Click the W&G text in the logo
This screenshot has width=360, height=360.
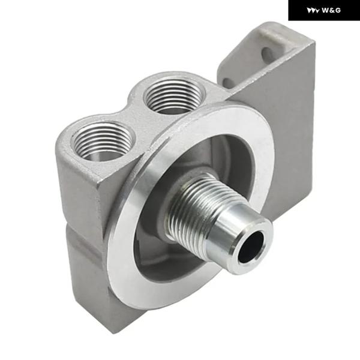pos(331,10)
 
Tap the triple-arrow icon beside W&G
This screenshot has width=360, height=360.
pos(313,11)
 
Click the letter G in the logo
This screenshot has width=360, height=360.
pos(338,10)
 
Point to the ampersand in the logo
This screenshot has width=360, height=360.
pos(332,10)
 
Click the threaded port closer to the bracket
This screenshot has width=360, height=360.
pos(174,96)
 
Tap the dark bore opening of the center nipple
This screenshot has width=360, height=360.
pos(251,247)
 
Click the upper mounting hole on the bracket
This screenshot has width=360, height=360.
pos(266,53)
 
